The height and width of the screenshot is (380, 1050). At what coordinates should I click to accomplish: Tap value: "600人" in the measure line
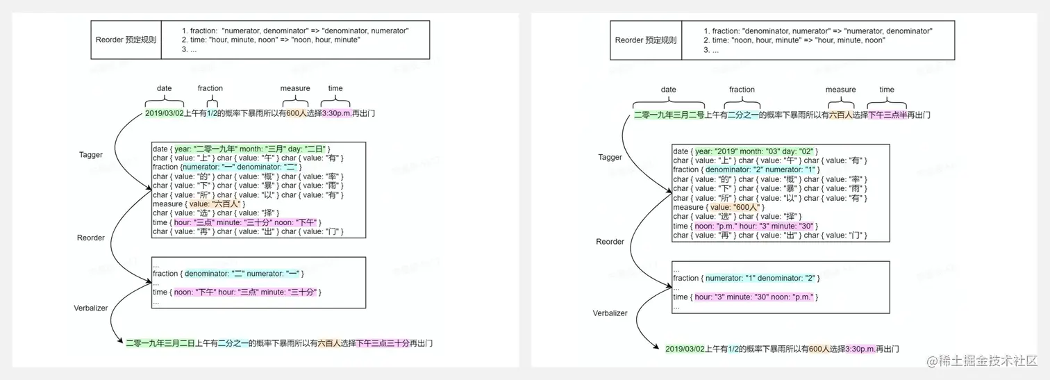pyautogui.click(x=738, y=207)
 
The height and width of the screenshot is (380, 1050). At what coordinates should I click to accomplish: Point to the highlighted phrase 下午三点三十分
pyautogui.click(x=383, y=343)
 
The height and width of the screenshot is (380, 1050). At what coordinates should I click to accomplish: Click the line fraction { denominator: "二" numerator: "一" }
pyautogui.click(x=228, y=274)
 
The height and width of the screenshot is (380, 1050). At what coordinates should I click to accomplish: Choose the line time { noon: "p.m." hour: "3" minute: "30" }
pyautogui.click(x=745, y=226)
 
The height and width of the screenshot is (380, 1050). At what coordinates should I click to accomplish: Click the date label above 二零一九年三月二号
pyautogui.click(x=668, y=90)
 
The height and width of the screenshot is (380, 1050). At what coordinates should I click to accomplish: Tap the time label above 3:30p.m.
pyautogui.click(x=335, y=88)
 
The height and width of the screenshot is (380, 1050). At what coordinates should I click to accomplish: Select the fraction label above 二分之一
pyautogui.click(x=742, y=90)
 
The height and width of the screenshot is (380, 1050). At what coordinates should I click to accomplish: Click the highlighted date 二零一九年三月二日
pyautogui.click(x=160, y=343)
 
